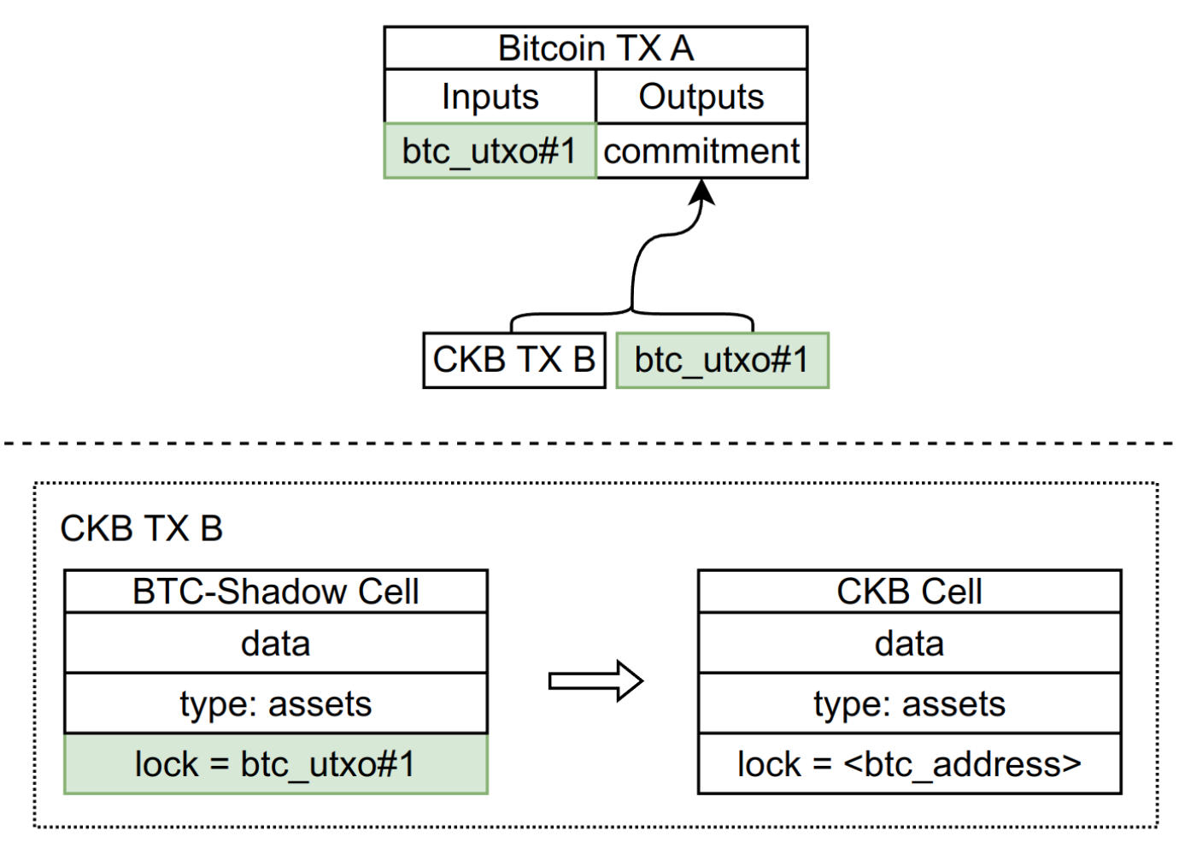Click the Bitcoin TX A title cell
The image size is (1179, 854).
(x=595, y=48)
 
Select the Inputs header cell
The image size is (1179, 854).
(x=490, y=97)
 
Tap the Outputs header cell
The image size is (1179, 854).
(x=701, y=97)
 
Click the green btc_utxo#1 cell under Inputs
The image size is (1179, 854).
(x=490, y=151)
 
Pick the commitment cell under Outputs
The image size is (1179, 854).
(x=701, y=151)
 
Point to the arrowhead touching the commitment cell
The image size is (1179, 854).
(x=701, y=191)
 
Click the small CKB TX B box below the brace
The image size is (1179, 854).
(x=514, y=360)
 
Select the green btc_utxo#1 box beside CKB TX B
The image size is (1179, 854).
(x=722, y=360)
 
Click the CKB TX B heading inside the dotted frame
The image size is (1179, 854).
(x=142, y=528)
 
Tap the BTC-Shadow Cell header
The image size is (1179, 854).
(x=276, y=591)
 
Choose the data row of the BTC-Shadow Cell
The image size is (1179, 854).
(x=276, y=643)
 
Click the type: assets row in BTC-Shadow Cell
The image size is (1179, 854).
(x=276, y=704)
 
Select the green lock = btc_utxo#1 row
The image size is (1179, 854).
(x=276, y=764)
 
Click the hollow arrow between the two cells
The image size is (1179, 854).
(x=595, y=680)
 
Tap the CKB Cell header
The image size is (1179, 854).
(x=910, y=591)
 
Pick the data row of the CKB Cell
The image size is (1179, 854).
(x=910, y=643)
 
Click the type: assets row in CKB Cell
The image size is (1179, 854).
(x=910, y=704)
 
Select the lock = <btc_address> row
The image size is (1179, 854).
(x=910, y=764)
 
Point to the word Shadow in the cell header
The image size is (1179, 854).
(x=283, y=592)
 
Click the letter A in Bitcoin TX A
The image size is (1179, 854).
(x=682, y=49)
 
